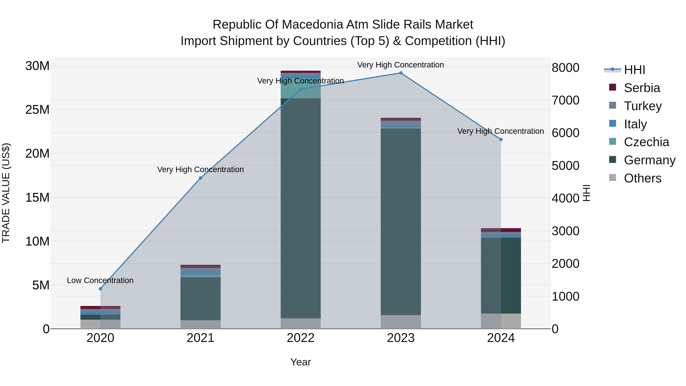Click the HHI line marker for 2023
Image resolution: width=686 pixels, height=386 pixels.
401,73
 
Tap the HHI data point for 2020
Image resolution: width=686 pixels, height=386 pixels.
100,289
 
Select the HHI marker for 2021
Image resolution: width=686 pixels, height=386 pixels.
200,178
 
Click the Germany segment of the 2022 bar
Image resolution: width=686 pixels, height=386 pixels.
301,208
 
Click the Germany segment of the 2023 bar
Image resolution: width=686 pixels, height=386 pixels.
401,221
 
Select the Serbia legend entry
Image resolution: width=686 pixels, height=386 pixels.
642,88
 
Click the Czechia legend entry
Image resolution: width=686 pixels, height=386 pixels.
646,142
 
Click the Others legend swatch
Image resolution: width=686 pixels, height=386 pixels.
612,178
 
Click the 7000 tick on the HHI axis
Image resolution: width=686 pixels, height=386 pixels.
565,100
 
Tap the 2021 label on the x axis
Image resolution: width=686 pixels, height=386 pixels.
200,338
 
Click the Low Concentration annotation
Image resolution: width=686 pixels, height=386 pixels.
100,281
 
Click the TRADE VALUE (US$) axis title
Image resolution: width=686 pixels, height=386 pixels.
6,193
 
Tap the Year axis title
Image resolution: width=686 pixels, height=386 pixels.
301,362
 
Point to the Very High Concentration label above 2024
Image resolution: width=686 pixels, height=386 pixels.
500,131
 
